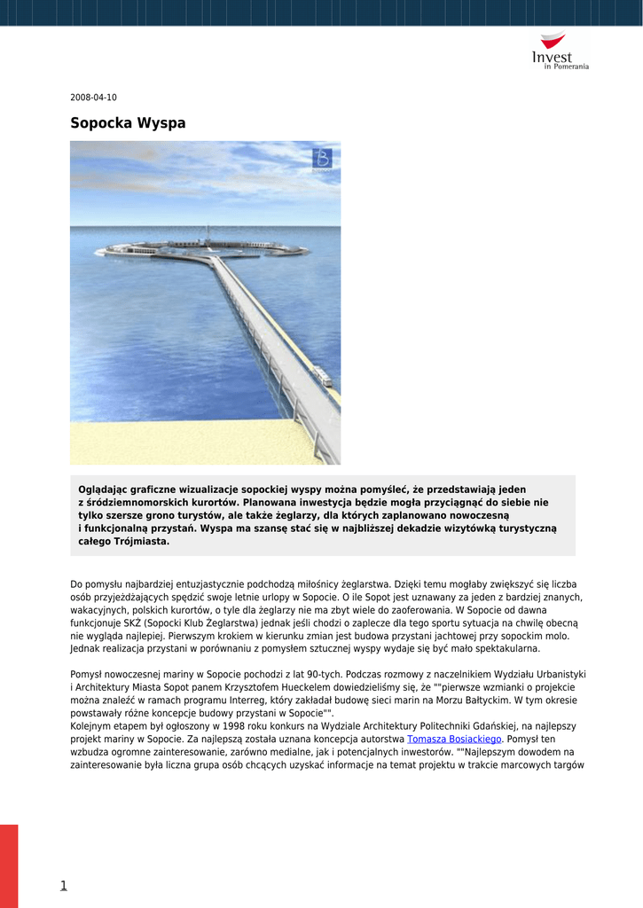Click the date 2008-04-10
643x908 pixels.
pos(93,97)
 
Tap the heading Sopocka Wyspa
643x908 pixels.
pos(128,123)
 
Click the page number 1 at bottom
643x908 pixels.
pos(63,885)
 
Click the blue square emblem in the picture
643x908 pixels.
pos(321,159)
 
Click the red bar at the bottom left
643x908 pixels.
pos(9,865)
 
